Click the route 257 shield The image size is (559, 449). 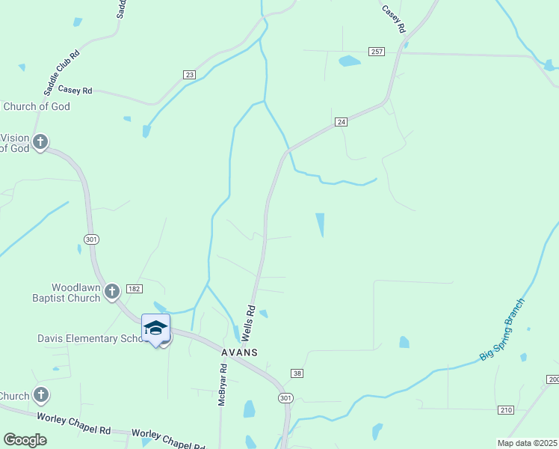(377, 51)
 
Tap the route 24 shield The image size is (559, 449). (341, 121)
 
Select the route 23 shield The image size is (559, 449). (189, 75)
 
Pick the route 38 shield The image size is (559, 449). (297, 373)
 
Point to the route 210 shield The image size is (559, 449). (507, 409)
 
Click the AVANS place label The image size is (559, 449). (239, 352)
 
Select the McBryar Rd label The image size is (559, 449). (222, 385)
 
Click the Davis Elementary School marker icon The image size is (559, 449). (155, 329)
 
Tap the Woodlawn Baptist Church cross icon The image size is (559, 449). (112, 291)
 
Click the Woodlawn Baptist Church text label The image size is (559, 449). (75, 293)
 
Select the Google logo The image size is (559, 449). (25, 440)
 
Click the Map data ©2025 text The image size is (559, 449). (526, 442)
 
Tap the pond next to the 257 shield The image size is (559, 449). (349, 61)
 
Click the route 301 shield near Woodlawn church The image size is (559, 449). (87, 239)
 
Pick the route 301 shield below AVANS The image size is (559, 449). (285, 397)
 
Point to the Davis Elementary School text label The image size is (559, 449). (88, 338)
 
